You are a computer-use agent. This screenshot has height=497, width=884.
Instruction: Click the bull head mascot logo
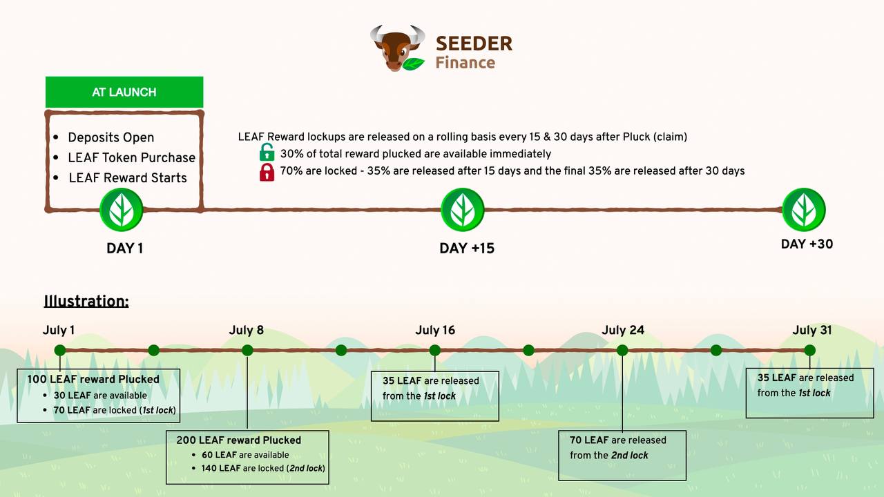click(398, 48)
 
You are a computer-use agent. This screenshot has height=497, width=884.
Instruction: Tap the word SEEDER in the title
click(474, 43)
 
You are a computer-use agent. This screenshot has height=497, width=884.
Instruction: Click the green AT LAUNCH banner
click(124, 92)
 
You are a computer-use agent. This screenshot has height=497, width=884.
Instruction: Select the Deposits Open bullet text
click(111, 137)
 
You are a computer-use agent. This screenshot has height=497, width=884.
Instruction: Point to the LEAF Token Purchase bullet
click(131, 157)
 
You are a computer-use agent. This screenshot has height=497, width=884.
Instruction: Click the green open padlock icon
click(267, 153)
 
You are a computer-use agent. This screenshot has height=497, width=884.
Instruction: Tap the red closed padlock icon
click(267, 172)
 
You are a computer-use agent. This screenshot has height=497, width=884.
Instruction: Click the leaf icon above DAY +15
click(463, 209)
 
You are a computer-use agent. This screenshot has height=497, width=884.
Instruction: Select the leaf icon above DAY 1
click(121, 209)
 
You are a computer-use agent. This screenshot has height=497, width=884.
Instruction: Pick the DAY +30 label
click(807, 244)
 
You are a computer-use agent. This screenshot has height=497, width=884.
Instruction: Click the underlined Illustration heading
click(86, 301)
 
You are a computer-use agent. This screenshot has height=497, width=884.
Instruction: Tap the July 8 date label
click(247, 330)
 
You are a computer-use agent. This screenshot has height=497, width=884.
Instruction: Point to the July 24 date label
click(623, 330)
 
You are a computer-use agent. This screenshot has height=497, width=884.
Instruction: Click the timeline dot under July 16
click(435, 350)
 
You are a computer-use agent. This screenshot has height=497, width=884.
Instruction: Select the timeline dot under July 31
click(809, 350)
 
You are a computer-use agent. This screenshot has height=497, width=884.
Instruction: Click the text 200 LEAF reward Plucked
click(238, 440)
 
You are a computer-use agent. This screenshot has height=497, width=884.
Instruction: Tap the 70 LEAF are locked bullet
click(115, 410)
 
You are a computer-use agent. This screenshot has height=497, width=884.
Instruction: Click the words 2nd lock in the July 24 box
click(629, 455)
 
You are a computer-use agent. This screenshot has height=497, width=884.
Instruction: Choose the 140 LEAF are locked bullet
click(263, 468)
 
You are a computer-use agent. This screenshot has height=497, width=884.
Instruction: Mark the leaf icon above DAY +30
click(804, 209)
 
